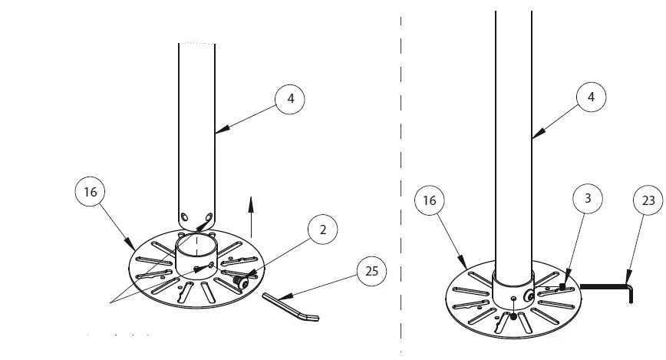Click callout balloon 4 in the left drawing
point(289,99)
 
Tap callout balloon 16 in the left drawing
point(91,193)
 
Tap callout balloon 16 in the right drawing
point(430,201)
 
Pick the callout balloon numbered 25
point(372,272)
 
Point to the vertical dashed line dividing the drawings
point(401,177)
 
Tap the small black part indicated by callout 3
point(562,286)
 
